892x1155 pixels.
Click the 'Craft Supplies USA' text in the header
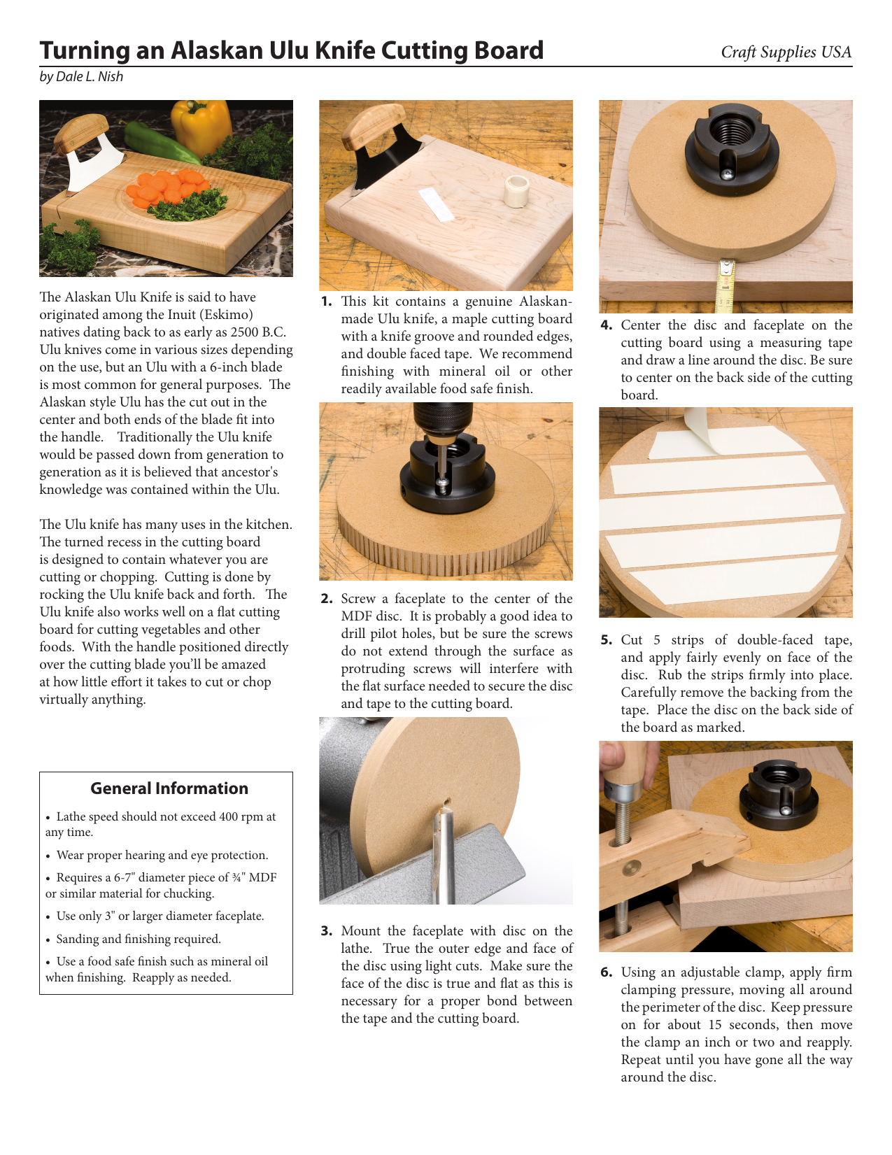[786, 52]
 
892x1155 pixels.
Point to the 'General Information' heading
[169, 788]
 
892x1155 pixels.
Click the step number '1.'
[327, 302]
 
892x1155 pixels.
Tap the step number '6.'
[607, 972]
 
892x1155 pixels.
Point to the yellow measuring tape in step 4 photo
[725, 285]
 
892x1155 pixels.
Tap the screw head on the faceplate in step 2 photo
[442, 481]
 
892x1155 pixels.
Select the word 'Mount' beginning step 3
[362, 930]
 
